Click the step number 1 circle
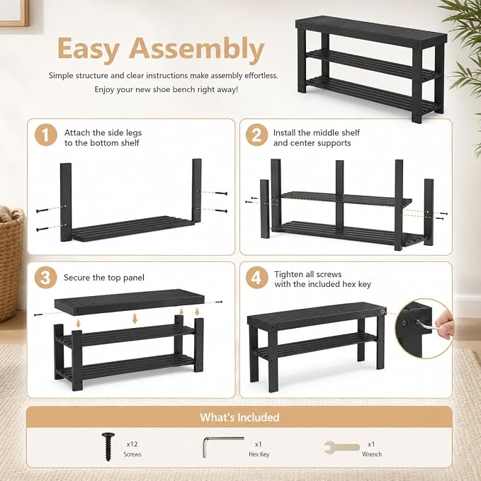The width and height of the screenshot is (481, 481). (x=46, y=135)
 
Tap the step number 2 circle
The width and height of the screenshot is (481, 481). (x=256, y=135)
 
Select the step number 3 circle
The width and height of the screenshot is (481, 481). (x=46, y=278)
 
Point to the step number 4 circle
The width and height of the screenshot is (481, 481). (x=256, y=278)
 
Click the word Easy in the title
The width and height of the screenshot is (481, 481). (x=89, y=50)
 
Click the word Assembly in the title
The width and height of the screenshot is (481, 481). (x=196, y=50)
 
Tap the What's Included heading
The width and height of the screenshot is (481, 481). (x=239, y=417)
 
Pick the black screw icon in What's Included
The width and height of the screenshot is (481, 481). (x=108, y=446)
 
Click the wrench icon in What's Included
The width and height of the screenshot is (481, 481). (x=341, y=448)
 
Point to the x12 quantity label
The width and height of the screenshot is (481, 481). (x=132, y=444)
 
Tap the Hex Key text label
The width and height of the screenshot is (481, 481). (x=259, y=454)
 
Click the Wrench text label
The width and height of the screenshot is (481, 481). (x=372, y=454)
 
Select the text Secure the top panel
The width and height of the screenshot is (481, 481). (x=104, y=278)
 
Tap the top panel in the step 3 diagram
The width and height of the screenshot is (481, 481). (x=129, y=301)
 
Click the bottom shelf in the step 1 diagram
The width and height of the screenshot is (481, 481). (x=132, y=229)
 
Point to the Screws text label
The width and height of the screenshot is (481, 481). (x=132, y=454)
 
